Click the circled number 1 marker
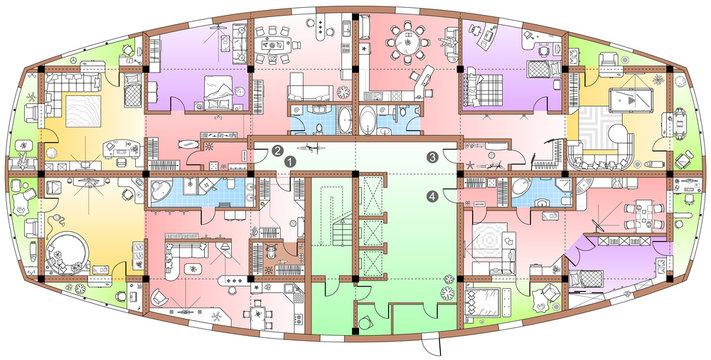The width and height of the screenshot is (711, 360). pyautogui.click(x=289, y=159)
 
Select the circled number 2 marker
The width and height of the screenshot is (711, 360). pyautogui.click(x=275, y=151)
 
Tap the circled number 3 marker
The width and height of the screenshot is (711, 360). pyautogui.click(x=432, y=157)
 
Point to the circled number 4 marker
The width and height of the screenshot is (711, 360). pyautogui.click(x=432, y=196)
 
